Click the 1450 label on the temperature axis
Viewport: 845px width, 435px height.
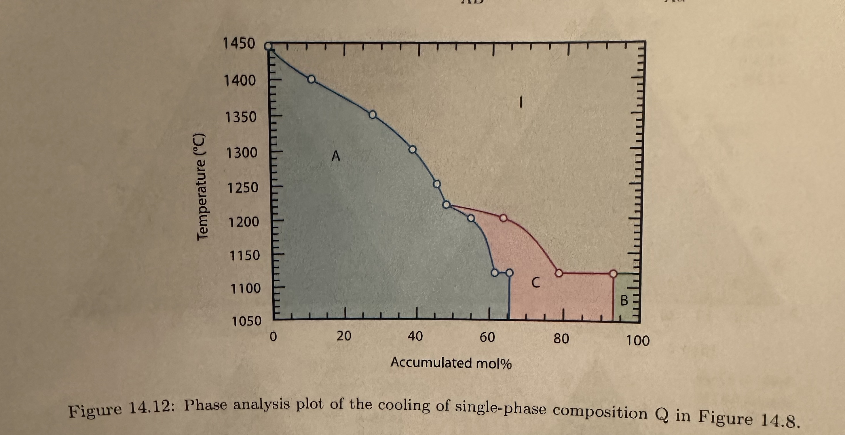pos(238,44)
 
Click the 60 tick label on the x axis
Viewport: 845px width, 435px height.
pos(487,337)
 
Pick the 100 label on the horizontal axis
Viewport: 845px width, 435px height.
pos(638,341)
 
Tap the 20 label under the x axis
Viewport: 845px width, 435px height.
pos(344,336)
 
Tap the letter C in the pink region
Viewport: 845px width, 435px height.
pos(535,282)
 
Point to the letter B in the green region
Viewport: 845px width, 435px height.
pos(624,300)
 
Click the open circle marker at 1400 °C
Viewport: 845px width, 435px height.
pos(311,79)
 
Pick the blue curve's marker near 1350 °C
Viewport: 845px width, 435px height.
pos(372,115)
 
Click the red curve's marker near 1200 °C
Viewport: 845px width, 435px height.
pos(503,218)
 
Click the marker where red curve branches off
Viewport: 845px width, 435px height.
pos(446,205)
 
